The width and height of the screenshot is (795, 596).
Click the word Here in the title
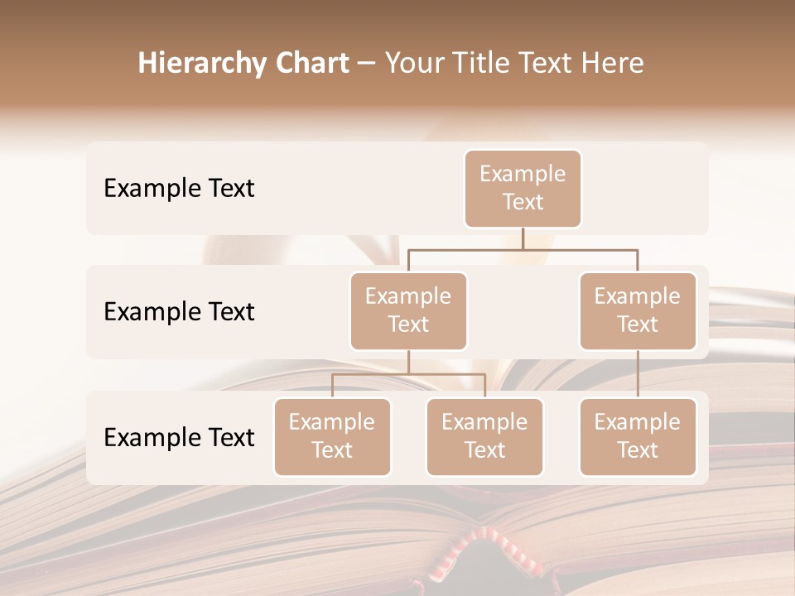click(613, 63)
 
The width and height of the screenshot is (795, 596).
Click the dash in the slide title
click(367, 64)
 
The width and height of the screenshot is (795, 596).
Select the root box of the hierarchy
click(523, 188)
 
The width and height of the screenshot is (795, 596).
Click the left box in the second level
click(408, 310)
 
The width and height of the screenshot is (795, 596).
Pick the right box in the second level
click(638, 310)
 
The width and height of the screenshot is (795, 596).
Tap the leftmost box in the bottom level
click(332, 436)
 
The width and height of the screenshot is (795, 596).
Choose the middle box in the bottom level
click(484, 436)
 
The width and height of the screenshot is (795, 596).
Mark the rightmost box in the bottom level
click(638, 436)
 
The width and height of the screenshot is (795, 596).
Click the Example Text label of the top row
click(179, 188)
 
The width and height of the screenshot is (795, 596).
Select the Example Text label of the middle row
click(179, 311)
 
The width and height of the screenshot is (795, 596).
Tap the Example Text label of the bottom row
click(179, 437)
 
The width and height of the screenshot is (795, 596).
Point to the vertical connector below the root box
click(523, 238)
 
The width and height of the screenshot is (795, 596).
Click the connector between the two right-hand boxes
click(638, 374)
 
